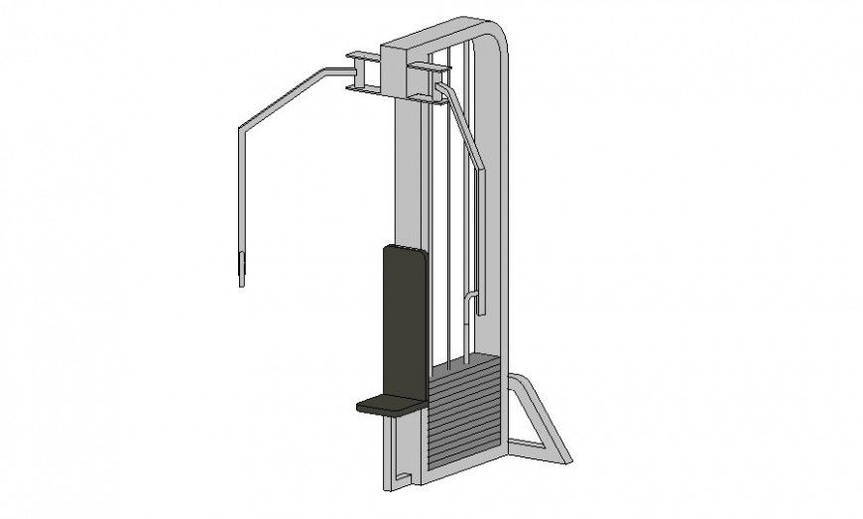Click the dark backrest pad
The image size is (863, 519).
pyautogui.click(x=405, y=318)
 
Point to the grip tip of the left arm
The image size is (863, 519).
pyautogui.click(x=240, y=270)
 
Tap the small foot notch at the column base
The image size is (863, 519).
pyautogui.click(x=402, y=480)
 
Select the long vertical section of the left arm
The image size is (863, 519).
pyautogui.click(x=241, y=189)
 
